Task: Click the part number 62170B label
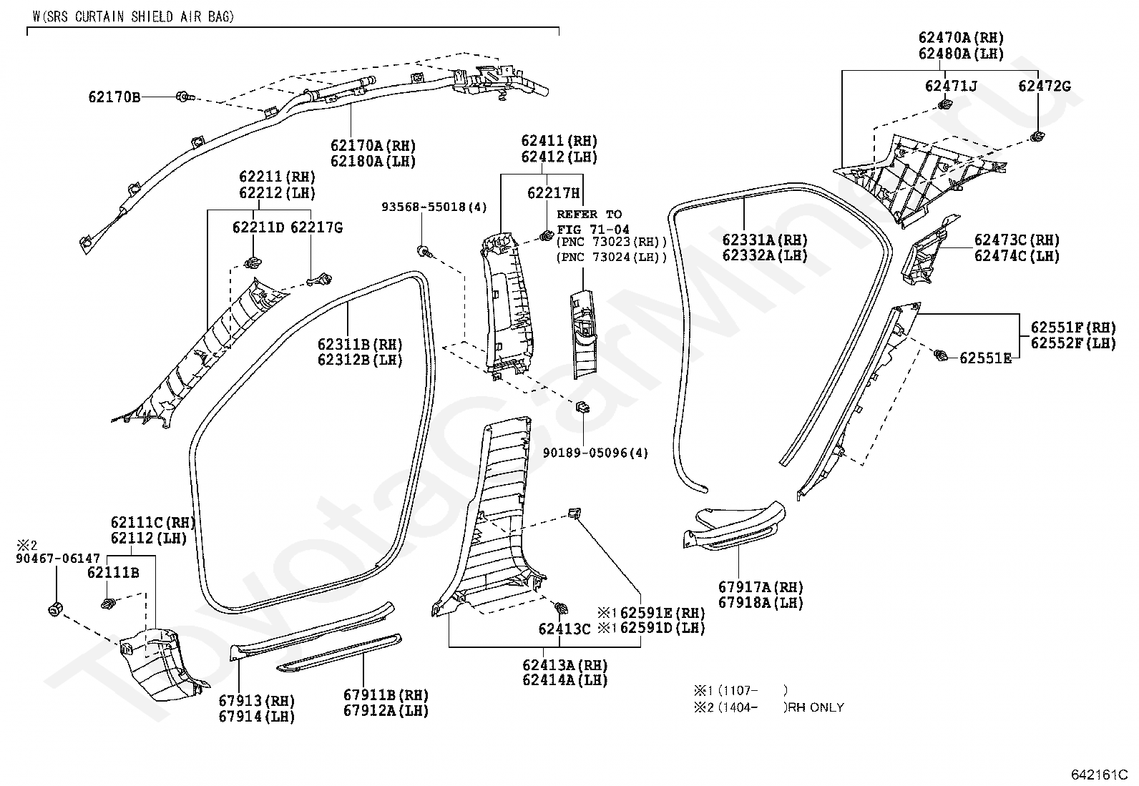click(114, 97)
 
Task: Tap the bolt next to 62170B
click(185, 97)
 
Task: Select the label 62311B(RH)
click(360, 344)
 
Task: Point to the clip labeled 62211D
click(253, 263)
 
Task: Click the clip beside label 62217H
click(547, 236)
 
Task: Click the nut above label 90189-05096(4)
click(582, 407)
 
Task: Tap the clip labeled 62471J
click(945, 105)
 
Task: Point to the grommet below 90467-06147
click(55, 609)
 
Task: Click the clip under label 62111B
click(108, 604)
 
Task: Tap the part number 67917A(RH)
click(761, 587)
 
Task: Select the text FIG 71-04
click(593, 230)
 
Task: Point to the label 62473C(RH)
click(1017, 240)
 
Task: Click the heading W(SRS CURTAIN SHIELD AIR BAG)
click(133, 16)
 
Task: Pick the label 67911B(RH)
click(386, 694)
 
